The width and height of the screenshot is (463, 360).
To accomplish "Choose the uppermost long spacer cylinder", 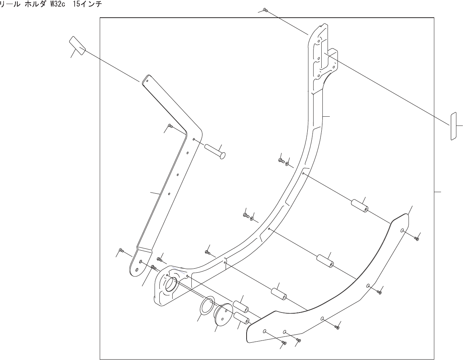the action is tap(360, 206).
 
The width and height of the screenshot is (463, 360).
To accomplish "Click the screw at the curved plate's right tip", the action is tap(417, 239).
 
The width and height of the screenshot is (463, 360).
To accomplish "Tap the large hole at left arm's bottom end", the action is tap(137, 270).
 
